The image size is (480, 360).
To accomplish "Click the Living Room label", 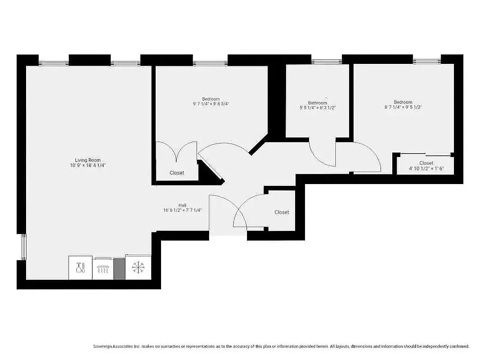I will (x=88, y=160).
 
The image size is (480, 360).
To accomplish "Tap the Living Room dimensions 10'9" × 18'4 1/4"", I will (x=88, y=165).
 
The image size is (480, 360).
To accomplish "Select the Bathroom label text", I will (x=318, y=103).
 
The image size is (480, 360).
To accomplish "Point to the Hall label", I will (x=182, y=205).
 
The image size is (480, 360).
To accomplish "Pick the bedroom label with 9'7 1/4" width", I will (x=211, y=99).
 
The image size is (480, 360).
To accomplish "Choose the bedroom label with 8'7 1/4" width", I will (x=403, y=102).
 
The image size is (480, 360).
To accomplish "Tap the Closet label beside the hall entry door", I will (x=282, y=212).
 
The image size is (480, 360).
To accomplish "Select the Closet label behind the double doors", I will (x=177, y=173).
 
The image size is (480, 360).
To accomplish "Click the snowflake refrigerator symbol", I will (x=138, y=268).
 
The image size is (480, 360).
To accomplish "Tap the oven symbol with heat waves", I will (x=103, y=270).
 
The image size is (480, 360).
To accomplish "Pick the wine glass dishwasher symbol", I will (x=81, y=268).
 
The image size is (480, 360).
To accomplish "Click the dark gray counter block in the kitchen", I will (x=119, y=269).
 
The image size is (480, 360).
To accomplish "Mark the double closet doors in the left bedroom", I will (x=176, y=151).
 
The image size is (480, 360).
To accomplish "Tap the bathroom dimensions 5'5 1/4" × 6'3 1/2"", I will (x=318, y=108).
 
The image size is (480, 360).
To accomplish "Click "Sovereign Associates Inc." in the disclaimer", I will (x=117, y=346).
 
